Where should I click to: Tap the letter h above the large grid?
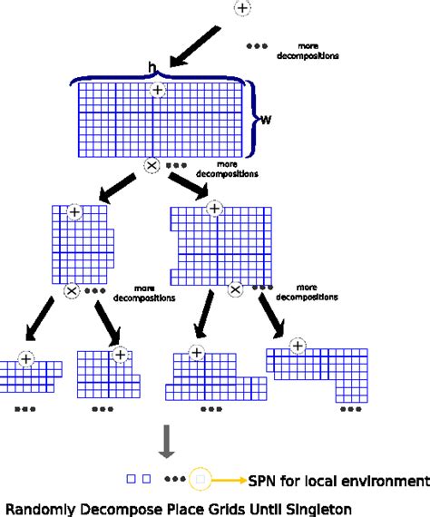(x=151, y=68)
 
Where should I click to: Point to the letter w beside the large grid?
(x=266, y=120)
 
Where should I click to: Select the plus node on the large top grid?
(x=158, y=90)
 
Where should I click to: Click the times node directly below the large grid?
(x=151, y=166)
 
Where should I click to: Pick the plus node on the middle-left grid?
(x=74, y=211)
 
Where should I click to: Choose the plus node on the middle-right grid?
(x=214, y=209)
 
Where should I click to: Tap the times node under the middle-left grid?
(x=72, y=290)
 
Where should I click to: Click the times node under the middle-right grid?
(x=235, y=289)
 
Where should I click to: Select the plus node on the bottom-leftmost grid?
(x=26, y=359)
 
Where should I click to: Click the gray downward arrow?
(x=166, y=442)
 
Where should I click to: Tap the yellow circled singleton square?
(x=201, y=478)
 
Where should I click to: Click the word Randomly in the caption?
(x=37, y=509)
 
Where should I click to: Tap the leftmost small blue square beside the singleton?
(x=131, y=478)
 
